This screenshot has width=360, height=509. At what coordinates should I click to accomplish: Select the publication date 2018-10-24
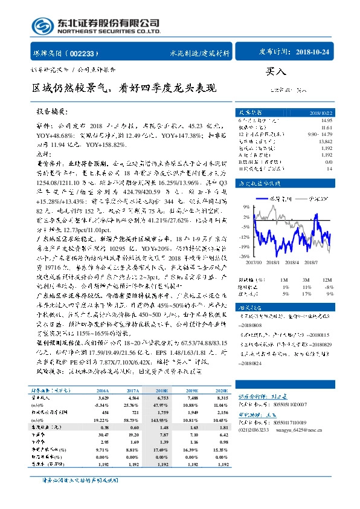point(313,53)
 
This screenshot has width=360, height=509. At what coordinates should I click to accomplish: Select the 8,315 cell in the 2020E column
point(223,399)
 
